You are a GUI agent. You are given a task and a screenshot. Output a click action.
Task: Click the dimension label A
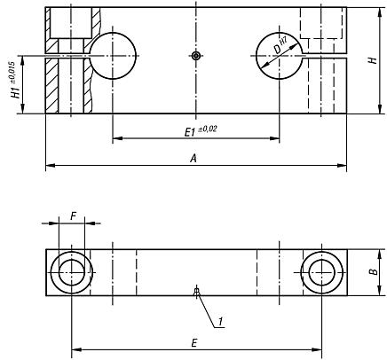pyautogui.click(x=193, y=159)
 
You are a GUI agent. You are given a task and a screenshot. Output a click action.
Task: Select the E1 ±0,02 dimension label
pyautogui.click(x=201, y=131)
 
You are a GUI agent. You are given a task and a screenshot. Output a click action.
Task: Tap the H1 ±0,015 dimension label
pyautogui.click(x=16, y=80)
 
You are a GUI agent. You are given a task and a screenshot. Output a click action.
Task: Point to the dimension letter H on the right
pyautogui.click(x=373, y=60)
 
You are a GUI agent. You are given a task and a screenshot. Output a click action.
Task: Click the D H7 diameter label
pyautogui.click(x=280, y=46)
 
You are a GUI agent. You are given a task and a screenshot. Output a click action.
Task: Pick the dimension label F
pyautogui.click(x=74, y=216)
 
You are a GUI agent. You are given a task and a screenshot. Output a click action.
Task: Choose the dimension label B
pyautogui.click(x=375, y=271)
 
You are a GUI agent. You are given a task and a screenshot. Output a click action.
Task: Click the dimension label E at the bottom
pyautogui.click(x=194, y=343)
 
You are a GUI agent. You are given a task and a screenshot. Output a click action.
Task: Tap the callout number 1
pyautogui.click(x=220, y=321)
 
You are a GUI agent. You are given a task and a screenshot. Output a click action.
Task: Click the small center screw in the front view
pyautogui.click(x=196, y=56)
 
